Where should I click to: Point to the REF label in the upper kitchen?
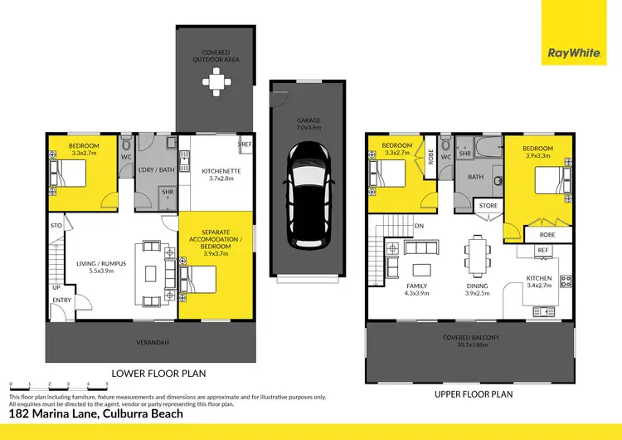tap(543, 250)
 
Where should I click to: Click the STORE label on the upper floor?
tap(488, 205)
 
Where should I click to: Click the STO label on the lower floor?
tap(56, 225)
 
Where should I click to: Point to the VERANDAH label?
tap(149, 340)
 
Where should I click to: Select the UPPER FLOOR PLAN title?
tap(474, 394)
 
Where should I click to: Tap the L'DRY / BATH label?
tap(156, 170)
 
